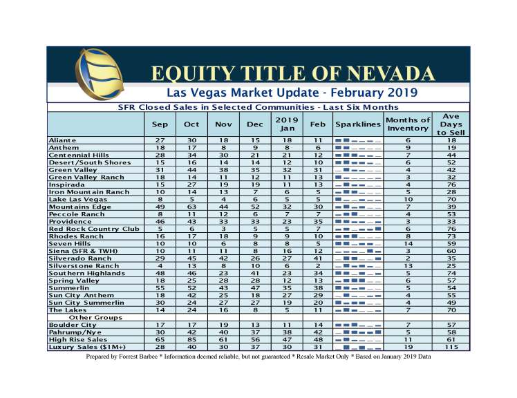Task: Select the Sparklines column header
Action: pos(357,124)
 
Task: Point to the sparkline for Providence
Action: pos(357,220)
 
